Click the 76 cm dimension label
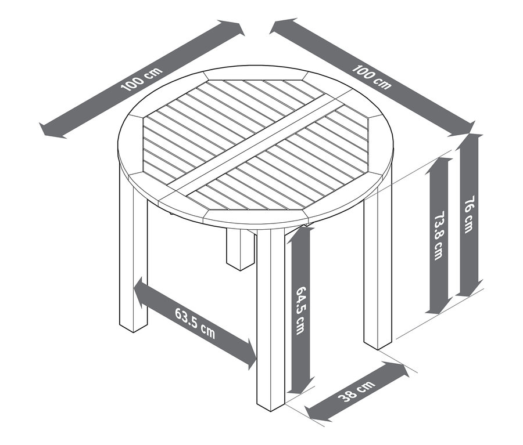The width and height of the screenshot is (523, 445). pos(470,215)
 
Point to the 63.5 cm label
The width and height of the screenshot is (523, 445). pos(195,323)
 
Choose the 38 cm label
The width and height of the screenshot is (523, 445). pos(356,393)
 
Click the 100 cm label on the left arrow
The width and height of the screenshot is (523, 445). pos(141,79)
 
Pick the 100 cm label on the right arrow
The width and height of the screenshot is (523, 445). pos(372,77)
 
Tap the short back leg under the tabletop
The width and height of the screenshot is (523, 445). pos(238,249)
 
